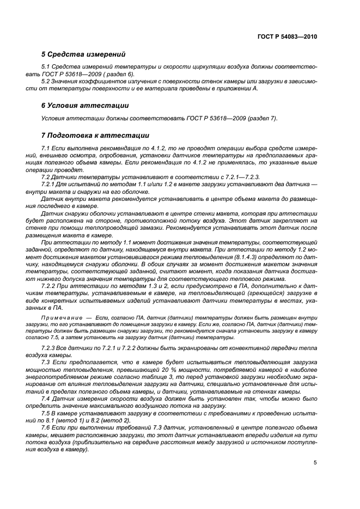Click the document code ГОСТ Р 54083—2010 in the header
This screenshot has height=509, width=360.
pos(287,37)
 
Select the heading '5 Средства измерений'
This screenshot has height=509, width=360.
pos(83,54)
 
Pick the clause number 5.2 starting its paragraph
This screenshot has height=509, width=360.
pos(46,81)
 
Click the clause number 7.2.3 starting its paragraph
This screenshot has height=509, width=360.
pos(50,347)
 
